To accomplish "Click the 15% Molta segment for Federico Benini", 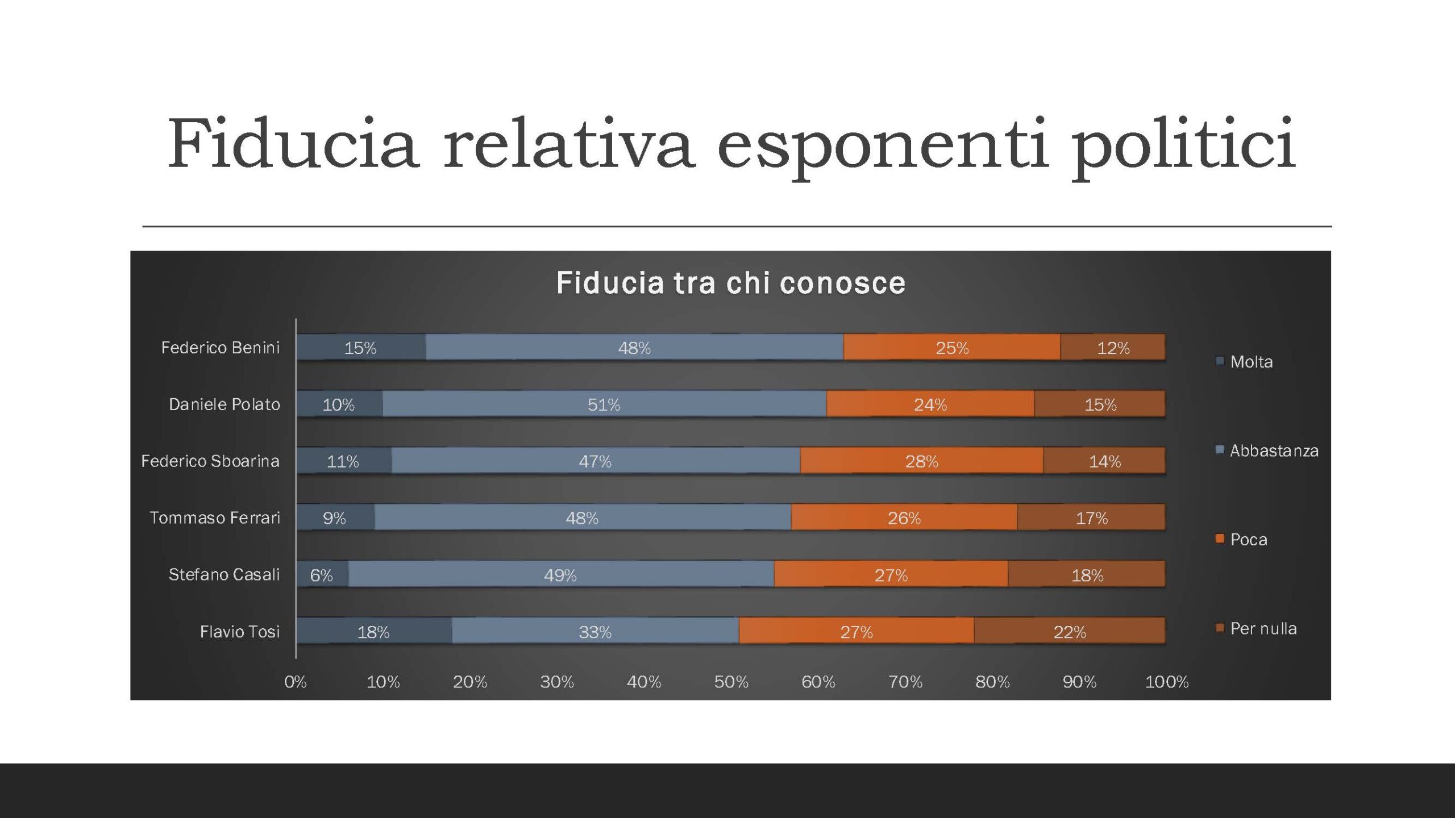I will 361,347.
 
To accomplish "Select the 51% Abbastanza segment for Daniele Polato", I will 604,404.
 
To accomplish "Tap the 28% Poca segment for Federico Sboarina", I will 921,461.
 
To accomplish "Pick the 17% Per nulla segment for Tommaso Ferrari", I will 1091,517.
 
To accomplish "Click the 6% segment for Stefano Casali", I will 322,574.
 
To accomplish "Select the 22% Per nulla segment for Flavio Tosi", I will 1070,631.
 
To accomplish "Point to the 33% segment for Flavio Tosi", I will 595,631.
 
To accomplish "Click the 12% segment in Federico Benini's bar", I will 1113,347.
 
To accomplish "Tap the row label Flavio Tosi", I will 239,631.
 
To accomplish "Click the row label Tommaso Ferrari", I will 215,517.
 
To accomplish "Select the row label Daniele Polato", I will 224,404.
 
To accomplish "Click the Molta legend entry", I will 1250,362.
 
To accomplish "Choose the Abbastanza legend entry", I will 1273,450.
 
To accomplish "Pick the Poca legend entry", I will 1248,539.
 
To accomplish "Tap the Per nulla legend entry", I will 1263,628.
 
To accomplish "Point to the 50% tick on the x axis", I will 731,682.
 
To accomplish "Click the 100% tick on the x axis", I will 1166,682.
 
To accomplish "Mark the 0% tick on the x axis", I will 296,682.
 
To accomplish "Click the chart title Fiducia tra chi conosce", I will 730,283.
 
